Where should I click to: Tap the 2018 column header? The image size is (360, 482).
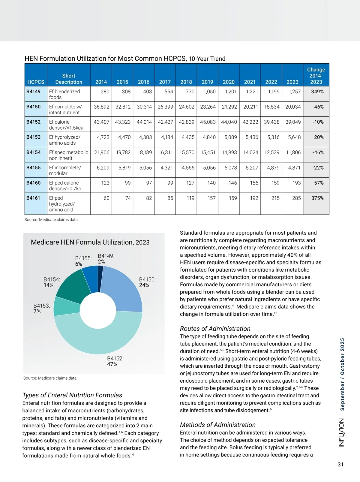click(186, 82)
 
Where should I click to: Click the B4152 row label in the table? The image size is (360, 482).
click(33, 122)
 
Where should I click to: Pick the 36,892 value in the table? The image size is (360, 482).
click(101, 107)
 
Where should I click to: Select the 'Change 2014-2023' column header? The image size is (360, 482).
click(316, 76)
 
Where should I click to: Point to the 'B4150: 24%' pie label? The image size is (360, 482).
click(147, 282)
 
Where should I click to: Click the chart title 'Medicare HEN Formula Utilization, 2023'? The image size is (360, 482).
click(90, 242)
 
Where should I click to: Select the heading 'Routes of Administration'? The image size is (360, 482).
click(215, 329)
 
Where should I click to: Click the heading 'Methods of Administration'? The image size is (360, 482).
click(218, 425)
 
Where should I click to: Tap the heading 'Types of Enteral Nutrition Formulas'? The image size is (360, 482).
click(72, 395)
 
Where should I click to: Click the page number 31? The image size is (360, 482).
click(340, 465)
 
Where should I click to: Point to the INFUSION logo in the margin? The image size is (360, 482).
click(342, 433)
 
